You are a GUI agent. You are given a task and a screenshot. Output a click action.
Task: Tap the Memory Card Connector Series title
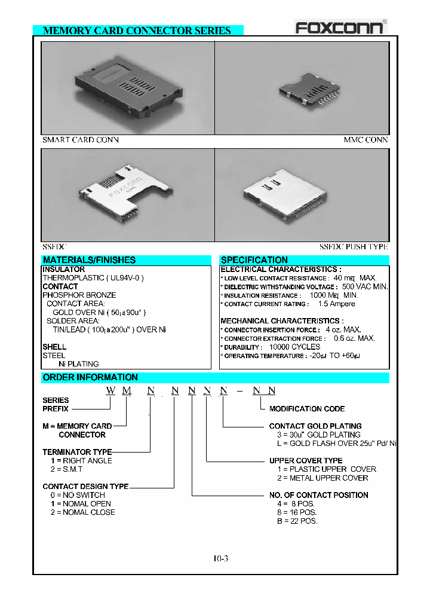click(137, 30)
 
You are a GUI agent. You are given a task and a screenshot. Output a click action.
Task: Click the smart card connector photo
click(127, 88)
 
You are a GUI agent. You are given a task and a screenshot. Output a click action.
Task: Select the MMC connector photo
click(302, 88)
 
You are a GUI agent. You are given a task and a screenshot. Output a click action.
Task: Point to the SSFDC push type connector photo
click(302, 195)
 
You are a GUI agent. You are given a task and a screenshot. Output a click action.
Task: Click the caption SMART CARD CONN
click(81, 140)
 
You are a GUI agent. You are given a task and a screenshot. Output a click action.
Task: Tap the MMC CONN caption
click(365, 140)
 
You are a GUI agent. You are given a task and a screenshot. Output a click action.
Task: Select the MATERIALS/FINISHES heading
click(90, 260)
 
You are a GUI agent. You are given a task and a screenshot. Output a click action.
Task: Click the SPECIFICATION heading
click(254, 260)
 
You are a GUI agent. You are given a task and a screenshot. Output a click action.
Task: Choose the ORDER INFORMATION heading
click(90, 377)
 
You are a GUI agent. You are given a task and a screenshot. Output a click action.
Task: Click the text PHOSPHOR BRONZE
click(79, 295)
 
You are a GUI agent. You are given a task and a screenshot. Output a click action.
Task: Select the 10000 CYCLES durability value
click(294, 347)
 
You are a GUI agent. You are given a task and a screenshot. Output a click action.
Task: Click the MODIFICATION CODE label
click(307, 409)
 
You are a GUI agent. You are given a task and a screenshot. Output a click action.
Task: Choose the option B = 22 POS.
click(293, 521)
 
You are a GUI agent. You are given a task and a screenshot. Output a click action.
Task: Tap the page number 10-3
click(220, 559)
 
